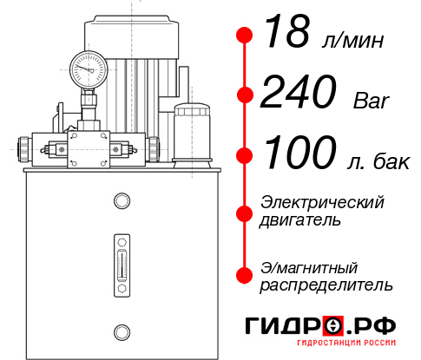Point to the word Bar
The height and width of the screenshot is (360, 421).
click(x=372, y=101)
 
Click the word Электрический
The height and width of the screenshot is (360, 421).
click(x=322, y=202)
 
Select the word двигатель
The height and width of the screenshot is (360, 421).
click(x=300, y=220)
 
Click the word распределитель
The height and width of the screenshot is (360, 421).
click(x=326, y=285)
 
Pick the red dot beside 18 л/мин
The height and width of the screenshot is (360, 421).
click(x=245, y=36)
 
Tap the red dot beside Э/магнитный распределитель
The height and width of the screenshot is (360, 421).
click(x=245, y=275)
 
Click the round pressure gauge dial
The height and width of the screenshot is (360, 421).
click(x=88, y=67)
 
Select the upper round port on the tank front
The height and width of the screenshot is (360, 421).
click(x=122, y=202)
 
